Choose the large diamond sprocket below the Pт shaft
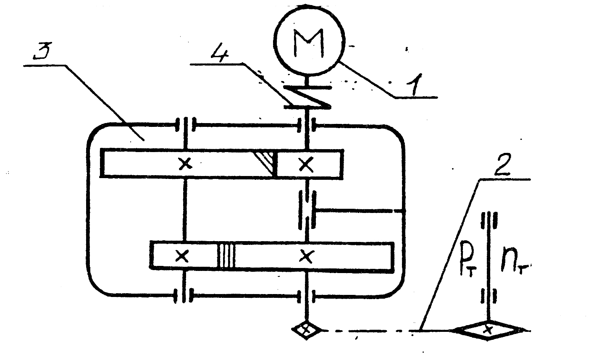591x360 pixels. coord(488,331)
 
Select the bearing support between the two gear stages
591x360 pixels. coord(310,209)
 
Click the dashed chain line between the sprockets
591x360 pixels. coord(370,331)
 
